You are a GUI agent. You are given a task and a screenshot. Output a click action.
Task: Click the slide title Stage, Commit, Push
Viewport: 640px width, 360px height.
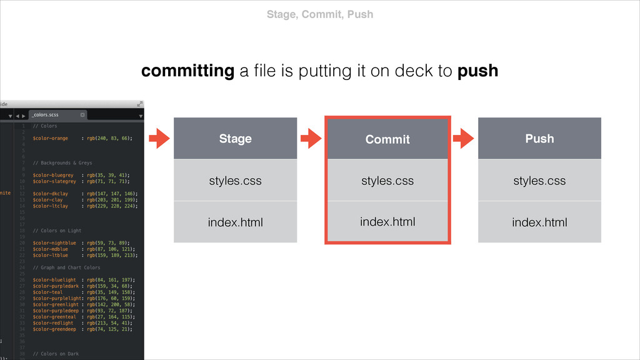point(319,14)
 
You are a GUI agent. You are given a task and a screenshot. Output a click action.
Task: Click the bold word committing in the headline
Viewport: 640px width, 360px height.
point(187,71)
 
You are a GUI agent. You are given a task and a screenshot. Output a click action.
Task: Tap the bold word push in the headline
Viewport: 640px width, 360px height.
point(477,71)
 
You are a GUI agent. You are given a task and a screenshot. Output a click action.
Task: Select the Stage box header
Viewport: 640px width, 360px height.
point(235,139)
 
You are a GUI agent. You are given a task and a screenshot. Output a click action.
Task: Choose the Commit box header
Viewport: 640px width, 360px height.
point(387,139)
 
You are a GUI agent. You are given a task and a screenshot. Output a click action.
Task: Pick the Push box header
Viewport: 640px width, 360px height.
point(539,139)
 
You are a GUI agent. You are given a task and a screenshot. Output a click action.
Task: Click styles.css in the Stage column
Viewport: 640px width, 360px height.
point(235,181)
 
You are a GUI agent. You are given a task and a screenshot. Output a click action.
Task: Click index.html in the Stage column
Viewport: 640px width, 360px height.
point(235,222)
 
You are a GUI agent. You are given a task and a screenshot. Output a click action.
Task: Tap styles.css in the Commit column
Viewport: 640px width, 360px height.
point(387,181)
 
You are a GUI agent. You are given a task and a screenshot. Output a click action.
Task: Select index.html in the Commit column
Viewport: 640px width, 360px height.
point(387,221)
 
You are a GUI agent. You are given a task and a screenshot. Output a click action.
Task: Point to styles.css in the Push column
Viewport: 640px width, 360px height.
point(539,181)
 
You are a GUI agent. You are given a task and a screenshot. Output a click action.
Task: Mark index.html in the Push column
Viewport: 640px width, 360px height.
point(539,222)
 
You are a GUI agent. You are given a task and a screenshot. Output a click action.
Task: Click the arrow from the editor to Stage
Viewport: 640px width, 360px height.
point(160,139)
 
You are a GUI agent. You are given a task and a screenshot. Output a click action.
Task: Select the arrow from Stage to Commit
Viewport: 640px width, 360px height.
point(311,139)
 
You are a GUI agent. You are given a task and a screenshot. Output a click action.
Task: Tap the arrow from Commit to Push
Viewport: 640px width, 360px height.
point(463,139)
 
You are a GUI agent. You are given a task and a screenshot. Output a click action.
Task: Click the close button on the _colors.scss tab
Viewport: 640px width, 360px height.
point(82,115)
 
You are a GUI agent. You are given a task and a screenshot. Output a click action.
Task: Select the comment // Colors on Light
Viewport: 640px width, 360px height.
point(57,230)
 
